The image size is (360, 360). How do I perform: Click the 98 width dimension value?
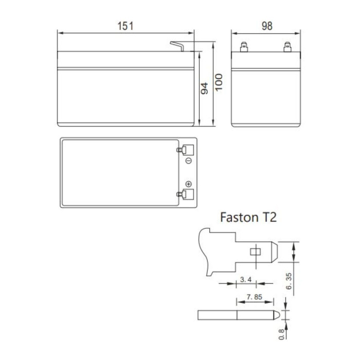266,26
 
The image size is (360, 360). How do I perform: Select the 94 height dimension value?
204,88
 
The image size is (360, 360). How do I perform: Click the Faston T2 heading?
248,217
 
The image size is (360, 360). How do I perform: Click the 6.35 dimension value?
289,281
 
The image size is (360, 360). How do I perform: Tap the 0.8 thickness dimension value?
281,334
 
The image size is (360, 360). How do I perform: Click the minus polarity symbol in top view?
188,161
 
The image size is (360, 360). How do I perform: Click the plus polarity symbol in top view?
188,184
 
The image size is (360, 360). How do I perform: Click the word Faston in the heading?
236,217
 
